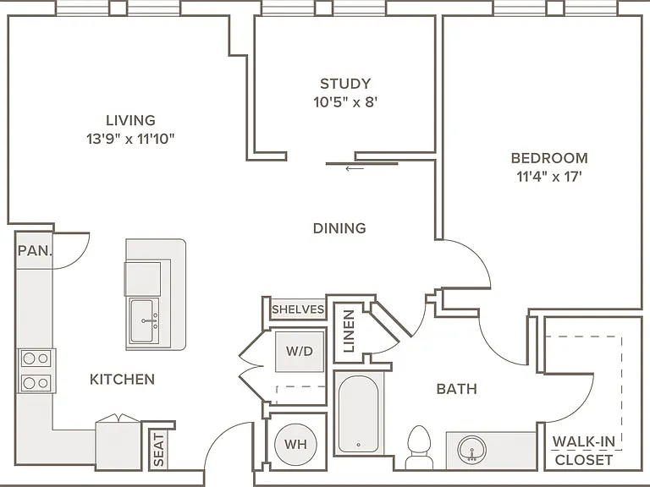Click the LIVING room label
point(130,120)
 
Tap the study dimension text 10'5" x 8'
point(345,101)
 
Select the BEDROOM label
point(549,158)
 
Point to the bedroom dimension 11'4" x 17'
point(549,177)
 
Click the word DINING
point(339,228)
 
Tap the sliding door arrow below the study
point(355,168)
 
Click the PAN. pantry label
point(36,250)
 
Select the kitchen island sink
point(144,320)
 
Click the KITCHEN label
point(122,379)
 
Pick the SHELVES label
point(298,309)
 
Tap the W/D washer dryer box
point(300,351)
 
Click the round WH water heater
point(295,445)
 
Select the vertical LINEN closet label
point(349,331)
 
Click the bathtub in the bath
point(359,413)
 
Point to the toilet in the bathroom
point(419,447)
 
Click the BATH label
point(457,389)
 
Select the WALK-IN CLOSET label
point(584,451)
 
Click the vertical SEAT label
point(159,450)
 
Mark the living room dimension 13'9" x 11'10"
point(130,139)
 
